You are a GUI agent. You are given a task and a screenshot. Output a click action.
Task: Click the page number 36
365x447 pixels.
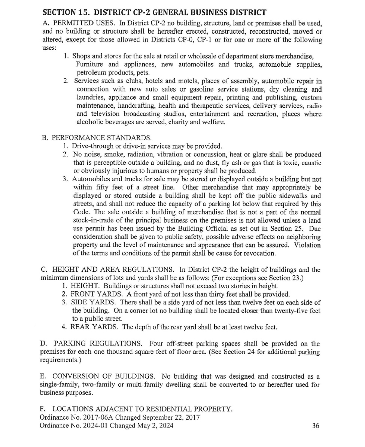pos(316,425)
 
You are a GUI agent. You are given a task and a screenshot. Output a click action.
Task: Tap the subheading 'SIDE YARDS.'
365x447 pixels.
pos(87,302)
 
